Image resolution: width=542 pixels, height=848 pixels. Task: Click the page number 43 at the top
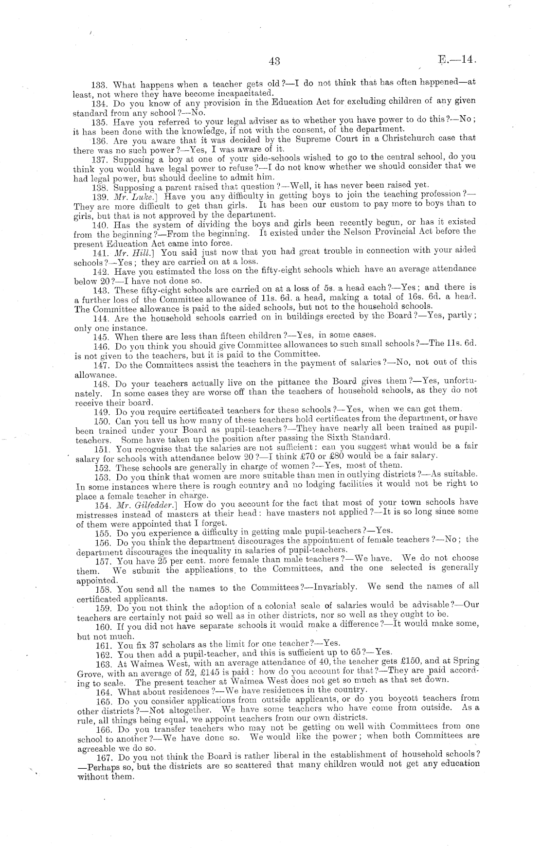click(274, 61)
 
